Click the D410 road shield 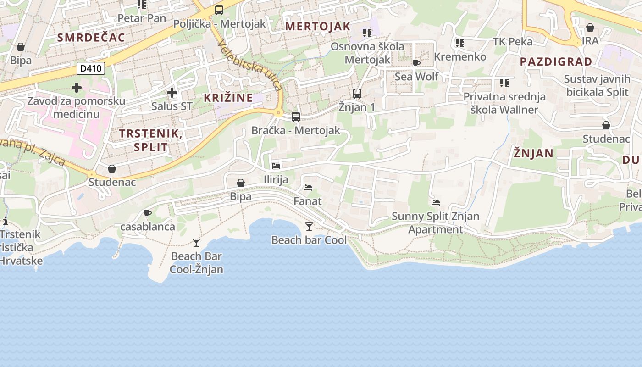(x=91, y=69)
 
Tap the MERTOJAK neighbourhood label (x=318, y=26)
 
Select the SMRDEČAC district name (x=91, y=38)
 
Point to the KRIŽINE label (x=228, y=97)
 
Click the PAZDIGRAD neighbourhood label (x=556, y=61)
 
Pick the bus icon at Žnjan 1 (x=357, y=94)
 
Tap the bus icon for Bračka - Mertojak (x=296, y=117)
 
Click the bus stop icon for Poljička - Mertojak (x=219, y=10)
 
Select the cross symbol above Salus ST (x=172, y=93)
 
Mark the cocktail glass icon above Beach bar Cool (x=309, y=226)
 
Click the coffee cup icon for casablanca (x=148, y=213)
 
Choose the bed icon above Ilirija (x=276, y=166)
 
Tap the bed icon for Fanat (x=308, y=187)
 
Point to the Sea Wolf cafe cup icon (x=416, y=63)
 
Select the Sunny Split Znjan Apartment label (x=436, y=222)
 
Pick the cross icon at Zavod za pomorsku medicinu (x=77, y=87)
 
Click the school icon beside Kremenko (x=460, y=43)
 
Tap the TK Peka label (x=513, y=42)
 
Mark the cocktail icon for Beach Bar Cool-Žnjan (x=196, y=242)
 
